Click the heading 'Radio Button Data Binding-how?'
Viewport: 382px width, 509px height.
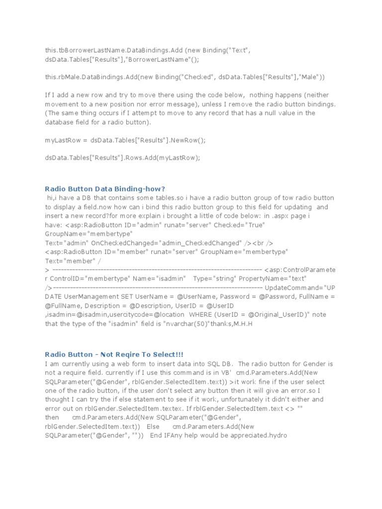(104, 188)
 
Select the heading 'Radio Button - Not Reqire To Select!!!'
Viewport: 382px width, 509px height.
(114, 354)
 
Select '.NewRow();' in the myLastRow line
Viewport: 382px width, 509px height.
(187, 140)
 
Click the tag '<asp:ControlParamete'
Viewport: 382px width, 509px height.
(300, 269)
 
